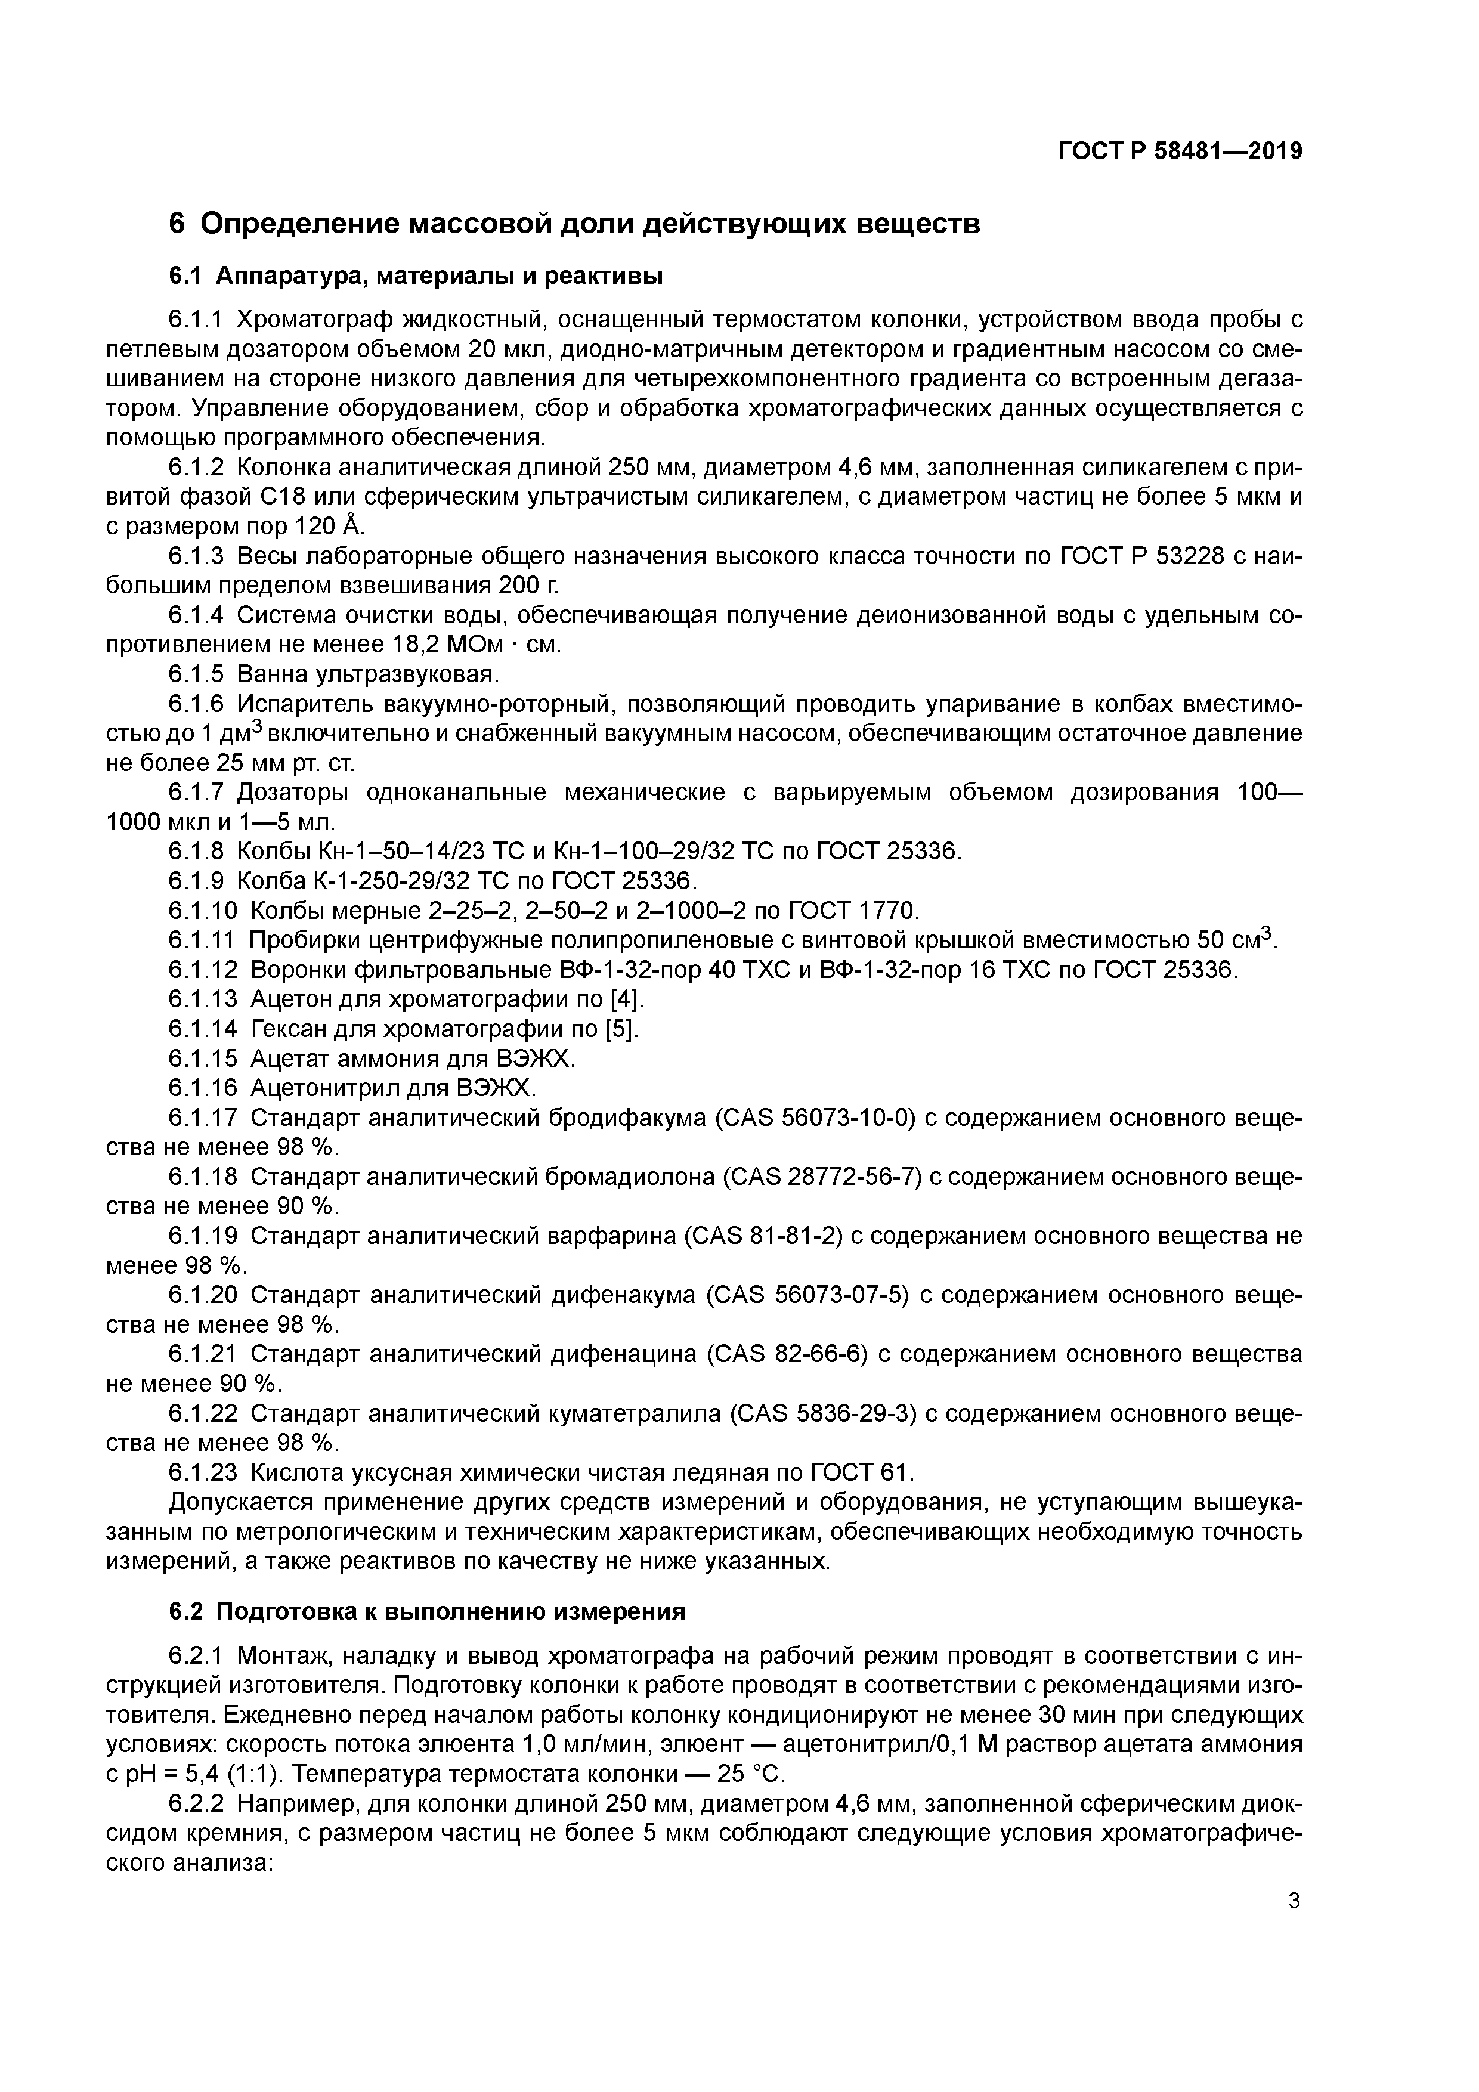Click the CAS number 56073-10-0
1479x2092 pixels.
coord(847,1118)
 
